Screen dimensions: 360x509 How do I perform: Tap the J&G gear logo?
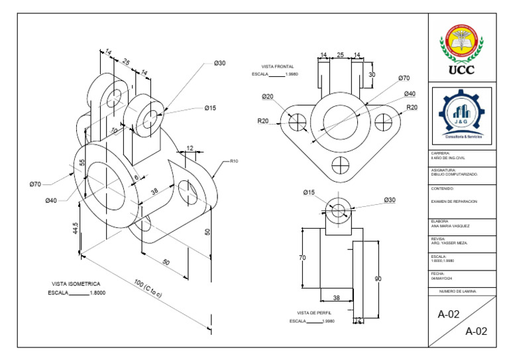(x=461, y=117)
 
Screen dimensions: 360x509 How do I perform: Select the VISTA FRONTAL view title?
(x=277, y=67)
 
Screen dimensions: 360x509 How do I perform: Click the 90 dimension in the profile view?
(x=378, y=279)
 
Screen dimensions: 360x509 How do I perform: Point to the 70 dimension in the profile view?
(x=302, y=257)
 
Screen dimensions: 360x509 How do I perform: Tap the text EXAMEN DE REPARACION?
(x=454, y=200)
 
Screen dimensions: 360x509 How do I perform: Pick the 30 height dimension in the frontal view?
(x=372, y=75)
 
